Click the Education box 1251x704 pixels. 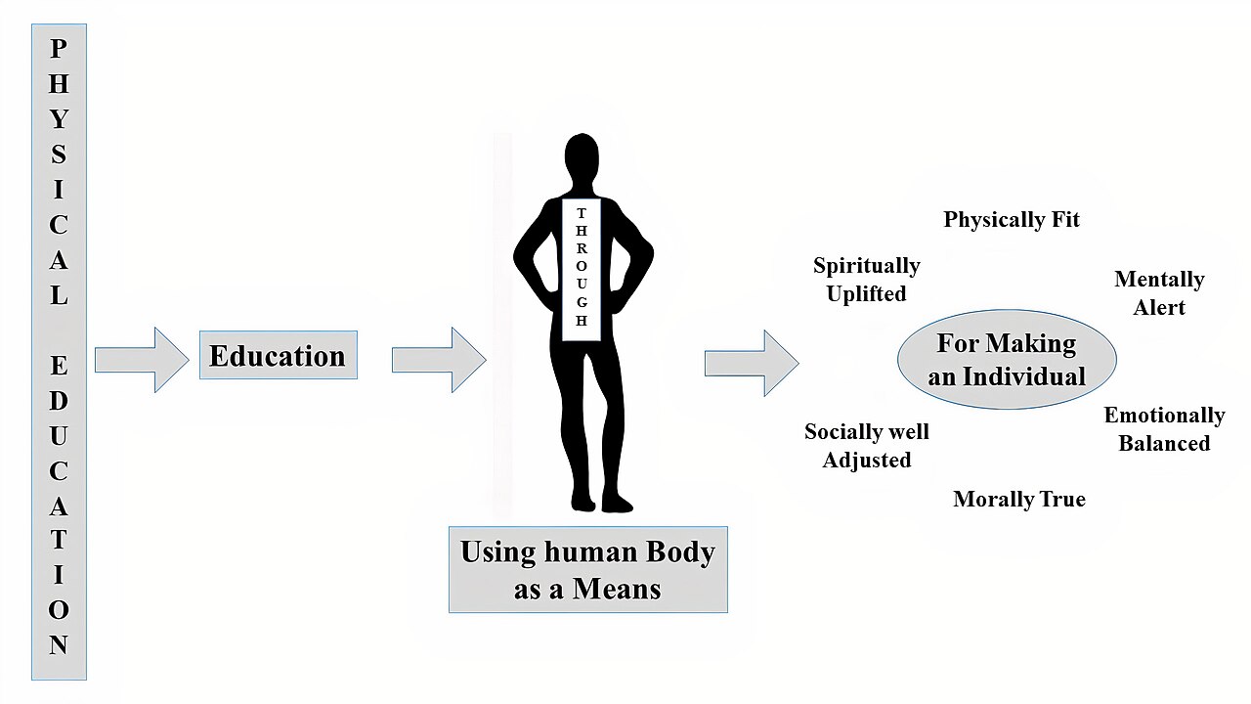pos(279,355)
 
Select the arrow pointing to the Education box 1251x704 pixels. pos(142,360)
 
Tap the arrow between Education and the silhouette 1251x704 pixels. pos(439,360)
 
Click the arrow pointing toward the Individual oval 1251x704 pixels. pos(752,363)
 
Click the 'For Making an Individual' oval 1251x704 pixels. pos(1007,359)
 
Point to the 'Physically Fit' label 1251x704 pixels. pos(1012,220)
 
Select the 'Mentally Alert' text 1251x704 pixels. pos(1159,292)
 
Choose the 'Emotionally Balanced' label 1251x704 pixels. pos(1164,429)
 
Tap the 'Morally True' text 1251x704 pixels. pos(1019,499)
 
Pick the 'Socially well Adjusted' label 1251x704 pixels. pos(867,446)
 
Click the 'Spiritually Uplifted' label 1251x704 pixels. pos(867,280)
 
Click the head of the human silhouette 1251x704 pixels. pos(582,154)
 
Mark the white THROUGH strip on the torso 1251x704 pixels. pos(582,269)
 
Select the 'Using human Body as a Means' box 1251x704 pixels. pos(588,569)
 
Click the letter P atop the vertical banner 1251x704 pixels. pos(59,49)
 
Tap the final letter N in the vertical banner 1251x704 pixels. pos(59,644)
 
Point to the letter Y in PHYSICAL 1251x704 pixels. pos(59,119)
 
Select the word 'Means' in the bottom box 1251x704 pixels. pos(617,589)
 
